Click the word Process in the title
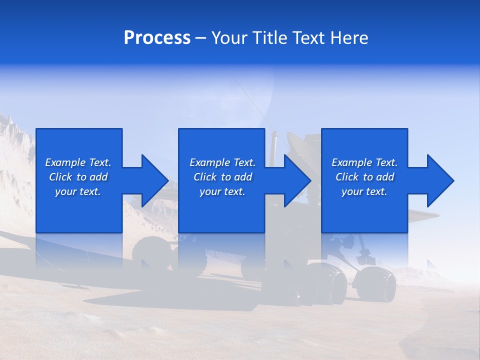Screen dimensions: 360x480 (157, 37)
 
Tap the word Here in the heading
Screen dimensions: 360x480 (349, 37)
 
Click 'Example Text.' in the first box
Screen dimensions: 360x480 (78, 162)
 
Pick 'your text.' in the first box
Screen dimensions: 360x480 (78, 191)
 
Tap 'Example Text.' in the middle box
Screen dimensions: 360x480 (222, 162)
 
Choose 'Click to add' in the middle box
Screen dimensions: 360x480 (222, 177)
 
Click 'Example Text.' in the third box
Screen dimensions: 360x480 (364, 162)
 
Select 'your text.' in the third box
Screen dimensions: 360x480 (364, 191)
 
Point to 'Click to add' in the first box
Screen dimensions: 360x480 (78, 177)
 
